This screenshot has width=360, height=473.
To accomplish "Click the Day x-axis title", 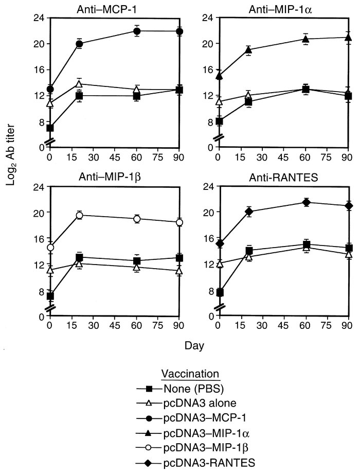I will [x=199, y=346].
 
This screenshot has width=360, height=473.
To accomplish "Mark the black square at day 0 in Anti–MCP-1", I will [x=50, y=128].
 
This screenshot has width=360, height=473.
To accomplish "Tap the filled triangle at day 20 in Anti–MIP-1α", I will [x=248, y=50].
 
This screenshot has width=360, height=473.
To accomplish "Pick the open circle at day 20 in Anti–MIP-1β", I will [x=80, y=215].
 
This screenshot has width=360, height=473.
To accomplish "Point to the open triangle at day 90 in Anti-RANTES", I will [x=348, y=254].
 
